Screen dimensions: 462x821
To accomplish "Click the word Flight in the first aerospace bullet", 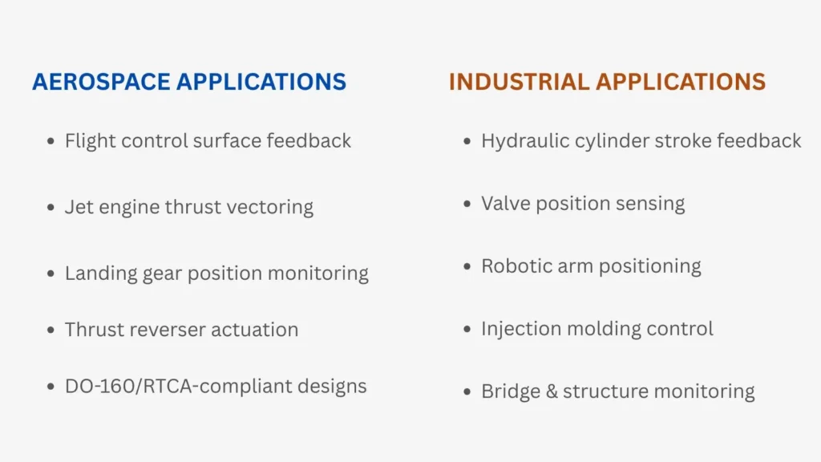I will [85, 141].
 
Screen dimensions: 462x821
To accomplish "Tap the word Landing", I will [96, 274].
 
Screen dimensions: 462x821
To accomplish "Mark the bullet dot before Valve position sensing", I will [467, 204].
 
